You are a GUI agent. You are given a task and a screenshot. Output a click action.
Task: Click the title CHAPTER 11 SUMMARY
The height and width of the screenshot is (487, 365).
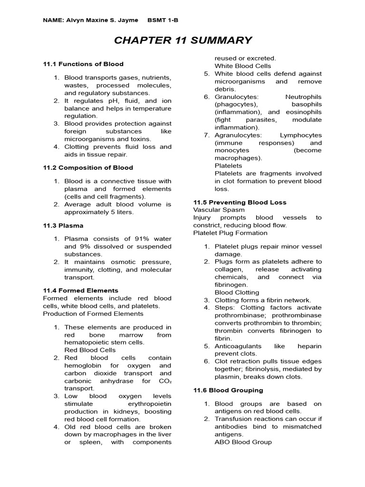coord(183,40)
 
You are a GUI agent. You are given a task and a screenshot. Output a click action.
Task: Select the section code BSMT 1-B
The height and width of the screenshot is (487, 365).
coord(163,20)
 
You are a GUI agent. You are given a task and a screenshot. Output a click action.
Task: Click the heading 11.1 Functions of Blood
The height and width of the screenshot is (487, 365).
coord(83,64)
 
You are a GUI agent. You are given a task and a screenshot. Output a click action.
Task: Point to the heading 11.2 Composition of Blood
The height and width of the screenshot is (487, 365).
coord(88,167)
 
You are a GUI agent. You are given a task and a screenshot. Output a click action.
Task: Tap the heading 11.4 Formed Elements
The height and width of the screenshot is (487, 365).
coord(80,290)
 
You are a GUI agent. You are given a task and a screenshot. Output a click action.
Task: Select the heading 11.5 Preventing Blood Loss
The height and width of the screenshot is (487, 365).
coord(240,202)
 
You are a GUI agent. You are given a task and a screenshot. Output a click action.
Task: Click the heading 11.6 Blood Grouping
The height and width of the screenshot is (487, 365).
coord(228,390)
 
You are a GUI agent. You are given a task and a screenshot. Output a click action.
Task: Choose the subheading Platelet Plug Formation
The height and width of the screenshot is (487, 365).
coord(230,233)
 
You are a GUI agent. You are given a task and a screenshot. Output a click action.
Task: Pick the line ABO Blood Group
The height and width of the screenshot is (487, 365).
coord(243,442)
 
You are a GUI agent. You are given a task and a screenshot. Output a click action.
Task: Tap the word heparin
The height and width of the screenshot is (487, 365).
coord(310,346)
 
